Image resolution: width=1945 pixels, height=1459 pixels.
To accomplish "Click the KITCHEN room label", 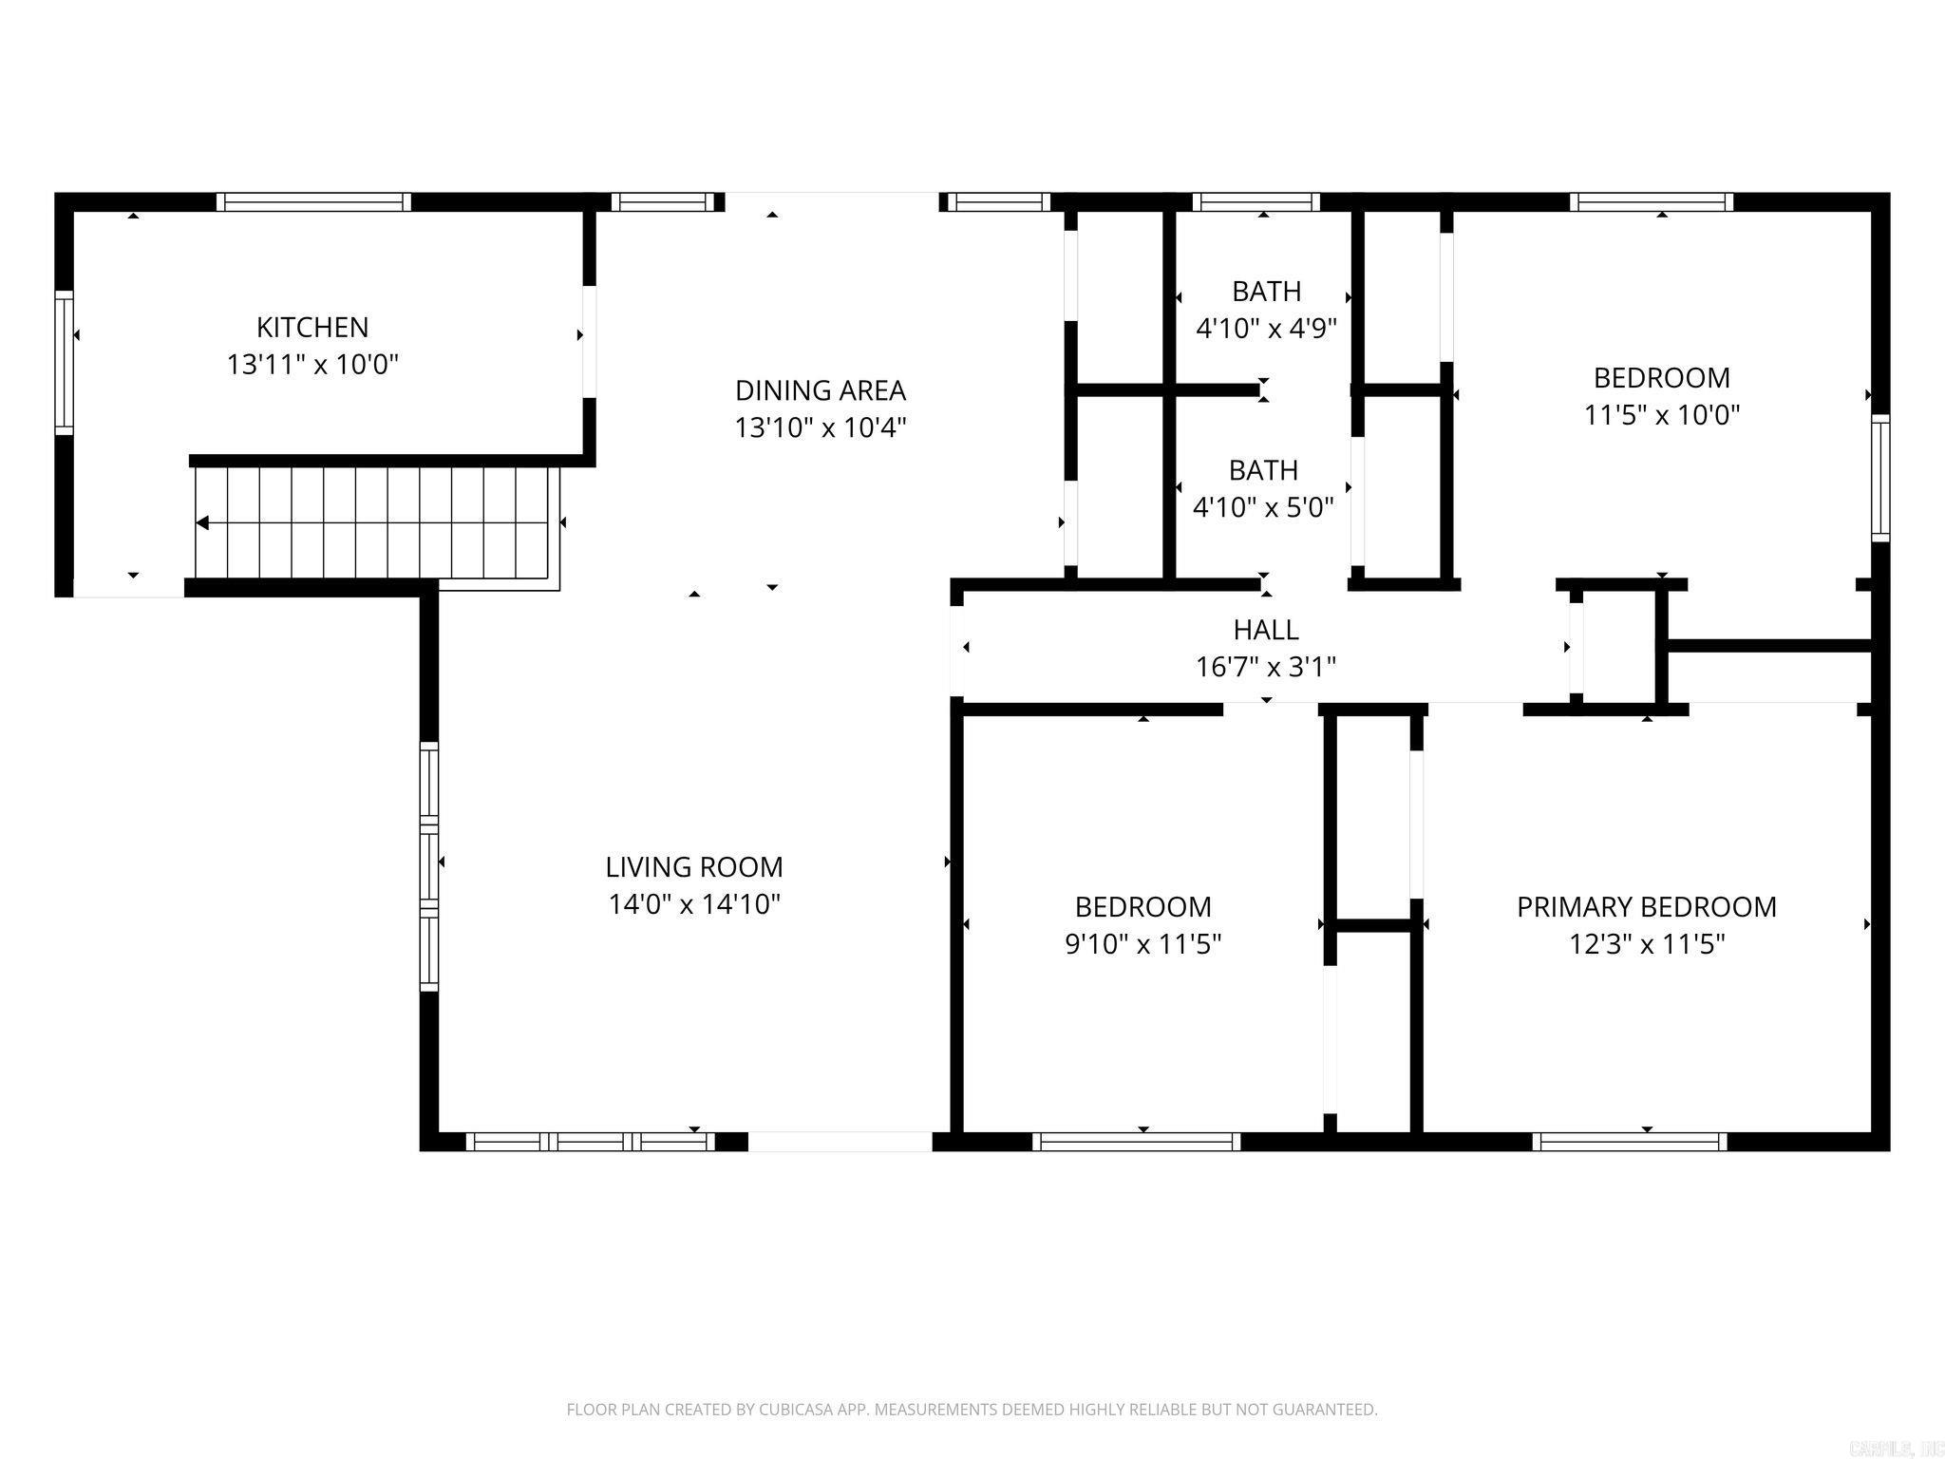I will tap(312, 327).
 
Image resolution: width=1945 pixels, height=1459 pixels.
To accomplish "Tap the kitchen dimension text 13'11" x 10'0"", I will tap(312, 365).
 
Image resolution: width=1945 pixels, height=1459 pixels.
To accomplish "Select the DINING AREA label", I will tap(821, 390).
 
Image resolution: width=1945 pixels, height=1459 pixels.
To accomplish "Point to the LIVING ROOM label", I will tap(694, 866).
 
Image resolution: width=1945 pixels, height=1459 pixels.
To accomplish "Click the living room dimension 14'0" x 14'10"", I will tap(694, 904).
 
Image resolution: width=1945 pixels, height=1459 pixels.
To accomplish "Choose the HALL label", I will tap(1266, 630).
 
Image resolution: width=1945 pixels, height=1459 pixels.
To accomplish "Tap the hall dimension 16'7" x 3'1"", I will tap(1266, 668).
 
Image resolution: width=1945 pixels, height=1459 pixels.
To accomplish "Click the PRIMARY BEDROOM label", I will tap(1647, 907).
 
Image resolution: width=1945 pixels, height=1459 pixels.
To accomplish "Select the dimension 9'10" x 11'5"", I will tap(1143, 945).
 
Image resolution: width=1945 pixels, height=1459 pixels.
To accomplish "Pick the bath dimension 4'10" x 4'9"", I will tap(1266, 329).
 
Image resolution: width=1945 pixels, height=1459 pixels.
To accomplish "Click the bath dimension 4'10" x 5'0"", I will tap(1263, 508).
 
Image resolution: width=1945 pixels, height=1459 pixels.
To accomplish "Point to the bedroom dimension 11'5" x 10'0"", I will tap(1662, 415).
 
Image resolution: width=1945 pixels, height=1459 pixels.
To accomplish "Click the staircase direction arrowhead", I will tap(202, 522).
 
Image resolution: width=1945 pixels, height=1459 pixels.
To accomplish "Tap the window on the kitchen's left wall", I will tap(65, 362).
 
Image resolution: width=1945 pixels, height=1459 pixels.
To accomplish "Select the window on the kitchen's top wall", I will tap(314, 201).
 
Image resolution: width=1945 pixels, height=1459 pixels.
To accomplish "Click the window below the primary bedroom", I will tap(1630, 1142).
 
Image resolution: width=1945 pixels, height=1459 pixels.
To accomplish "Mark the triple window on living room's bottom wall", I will tap(591, 1142).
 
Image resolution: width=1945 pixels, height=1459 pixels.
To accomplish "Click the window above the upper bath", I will tap(1256, 201).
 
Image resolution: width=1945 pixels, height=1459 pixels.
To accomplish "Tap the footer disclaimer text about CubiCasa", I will tap(972, 1410).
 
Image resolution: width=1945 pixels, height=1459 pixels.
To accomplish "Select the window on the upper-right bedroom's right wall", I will tap(1880, 478).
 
